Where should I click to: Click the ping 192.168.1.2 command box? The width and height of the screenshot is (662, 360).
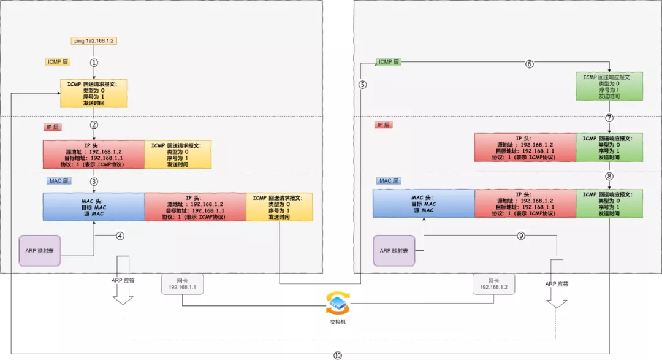93,40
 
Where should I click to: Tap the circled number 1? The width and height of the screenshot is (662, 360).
94,63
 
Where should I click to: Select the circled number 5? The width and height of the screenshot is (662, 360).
363,85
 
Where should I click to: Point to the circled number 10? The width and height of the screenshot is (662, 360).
337,354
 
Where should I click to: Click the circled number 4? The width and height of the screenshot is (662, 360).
120,235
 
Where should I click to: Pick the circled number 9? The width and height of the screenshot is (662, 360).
521,235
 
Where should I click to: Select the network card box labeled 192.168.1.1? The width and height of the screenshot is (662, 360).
182,283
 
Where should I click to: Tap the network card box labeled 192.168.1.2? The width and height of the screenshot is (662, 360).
493,283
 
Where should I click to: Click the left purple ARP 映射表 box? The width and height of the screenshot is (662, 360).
40,250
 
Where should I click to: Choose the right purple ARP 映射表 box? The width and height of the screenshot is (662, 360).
394,250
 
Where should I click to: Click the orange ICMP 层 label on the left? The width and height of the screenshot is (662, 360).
58,62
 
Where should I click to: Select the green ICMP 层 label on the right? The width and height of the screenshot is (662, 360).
389,62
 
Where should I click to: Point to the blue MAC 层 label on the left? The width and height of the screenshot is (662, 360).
59,181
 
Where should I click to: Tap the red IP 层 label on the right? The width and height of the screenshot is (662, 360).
383,124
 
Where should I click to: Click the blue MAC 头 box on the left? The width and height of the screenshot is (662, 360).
94,206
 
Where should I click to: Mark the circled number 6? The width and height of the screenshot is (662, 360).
530,64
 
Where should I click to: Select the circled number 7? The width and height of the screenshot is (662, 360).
609,117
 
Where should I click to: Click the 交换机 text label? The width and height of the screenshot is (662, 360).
338,321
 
